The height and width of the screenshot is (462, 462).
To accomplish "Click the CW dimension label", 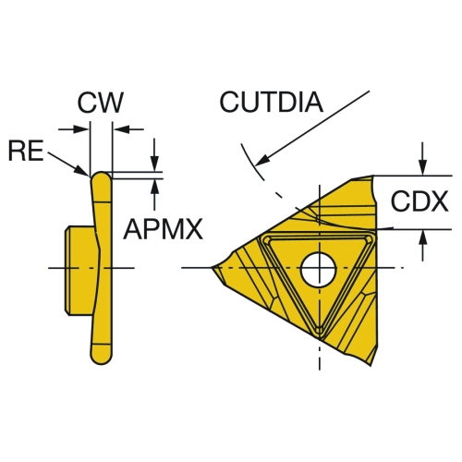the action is tap(100, 103).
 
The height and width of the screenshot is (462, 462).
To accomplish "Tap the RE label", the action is tap(26, 151).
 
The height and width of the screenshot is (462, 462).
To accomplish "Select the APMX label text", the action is tap(163, 229).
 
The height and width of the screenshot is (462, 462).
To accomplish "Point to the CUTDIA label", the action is tap(272, 102).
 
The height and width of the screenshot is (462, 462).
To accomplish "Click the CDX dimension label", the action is tap(419, 201).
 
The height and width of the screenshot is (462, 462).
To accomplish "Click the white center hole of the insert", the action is tap(319, 269).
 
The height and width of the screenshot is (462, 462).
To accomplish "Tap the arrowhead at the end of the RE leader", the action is tap(82, 171).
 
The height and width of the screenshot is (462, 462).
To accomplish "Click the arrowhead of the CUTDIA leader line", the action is tap(262, 160).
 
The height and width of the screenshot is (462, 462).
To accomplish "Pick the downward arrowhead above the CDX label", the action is tap(423, 167).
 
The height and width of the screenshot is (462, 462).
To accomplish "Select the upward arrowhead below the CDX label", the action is tap(423, 238).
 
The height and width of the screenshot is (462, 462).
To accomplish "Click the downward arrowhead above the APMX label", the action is tap(154, 164).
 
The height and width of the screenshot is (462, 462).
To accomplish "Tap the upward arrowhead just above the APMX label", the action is tap(155, 187).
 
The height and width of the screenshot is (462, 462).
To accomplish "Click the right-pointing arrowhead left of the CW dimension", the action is tap(80, 129).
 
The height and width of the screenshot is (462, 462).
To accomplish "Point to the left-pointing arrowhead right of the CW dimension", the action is tap(121, 129).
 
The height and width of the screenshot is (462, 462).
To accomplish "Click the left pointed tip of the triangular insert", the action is tap(212, 268).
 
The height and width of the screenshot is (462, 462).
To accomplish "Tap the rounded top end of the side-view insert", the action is tap(101, 176).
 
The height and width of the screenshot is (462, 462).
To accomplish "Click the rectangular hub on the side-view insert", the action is tap(79, 271).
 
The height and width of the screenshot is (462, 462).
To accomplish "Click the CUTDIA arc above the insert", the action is tap(251, 163).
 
